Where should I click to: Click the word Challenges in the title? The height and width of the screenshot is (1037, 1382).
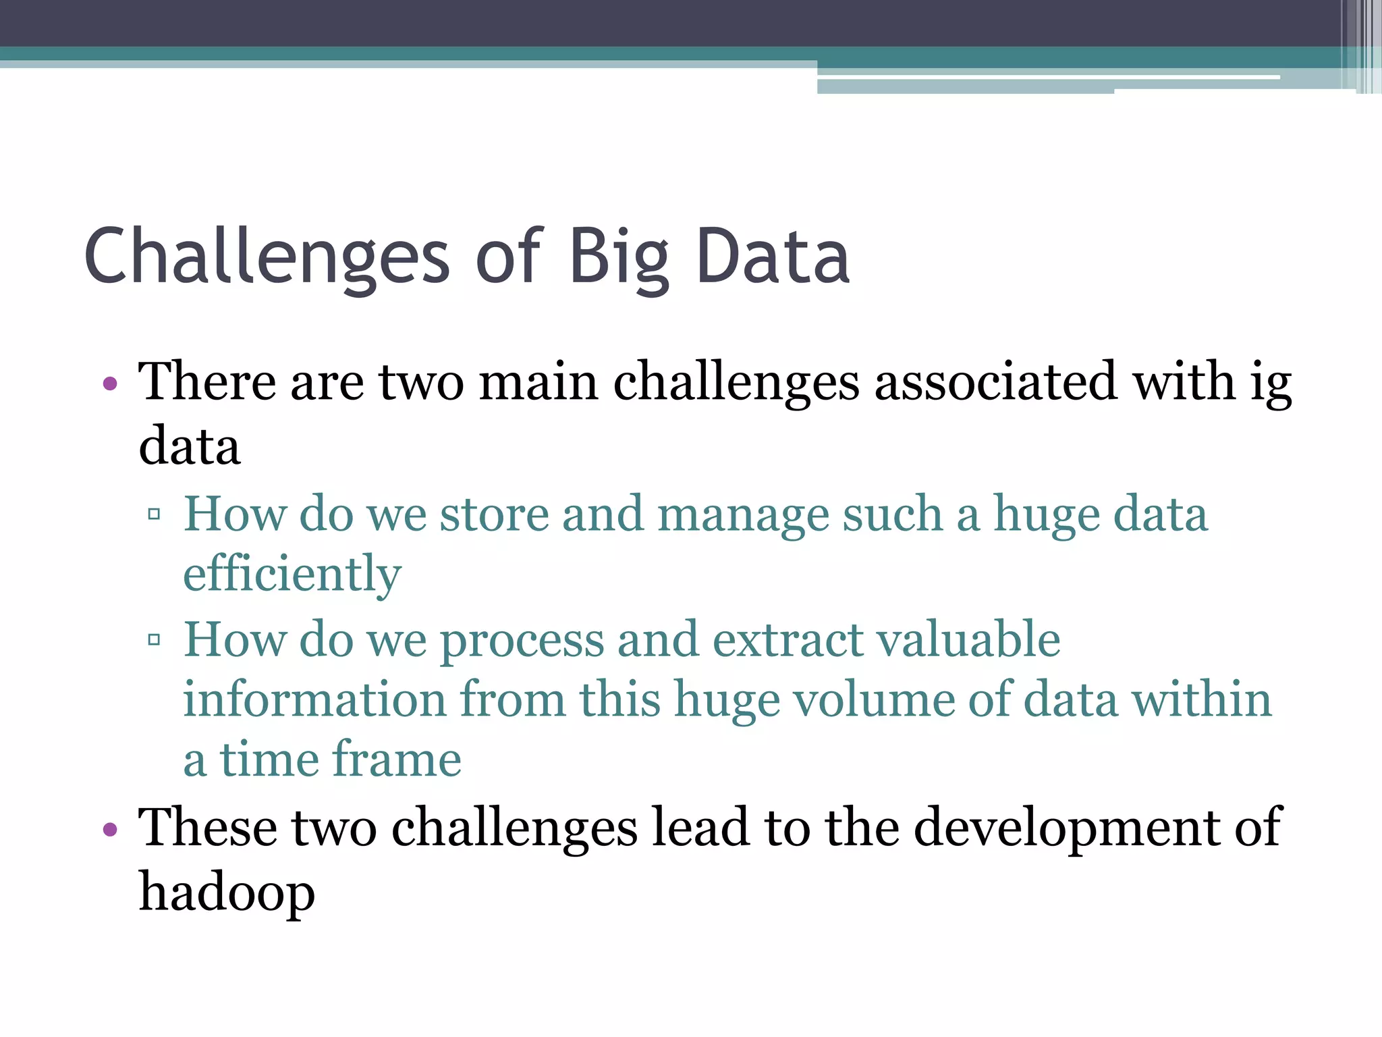click(x=267, y=257)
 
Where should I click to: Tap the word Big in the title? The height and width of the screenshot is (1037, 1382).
click(x=619, y=257)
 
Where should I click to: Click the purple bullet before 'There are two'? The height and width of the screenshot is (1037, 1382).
click(x=110, y=385)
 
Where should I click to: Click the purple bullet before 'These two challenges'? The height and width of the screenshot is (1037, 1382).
click(x=110, y=829)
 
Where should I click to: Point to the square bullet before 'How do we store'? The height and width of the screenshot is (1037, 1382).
click(x=154, y=514)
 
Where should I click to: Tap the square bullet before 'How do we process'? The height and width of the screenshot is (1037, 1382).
click(x=154, y=639)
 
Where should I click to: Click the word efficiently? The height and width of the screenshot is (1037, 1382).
click(x=292, y=574)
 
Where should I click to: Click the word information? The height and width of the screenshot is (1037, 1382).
click(x=314, y=699)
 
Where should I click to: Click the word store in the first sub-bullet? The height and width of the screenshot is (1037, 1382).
click(x=494, y=515)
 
